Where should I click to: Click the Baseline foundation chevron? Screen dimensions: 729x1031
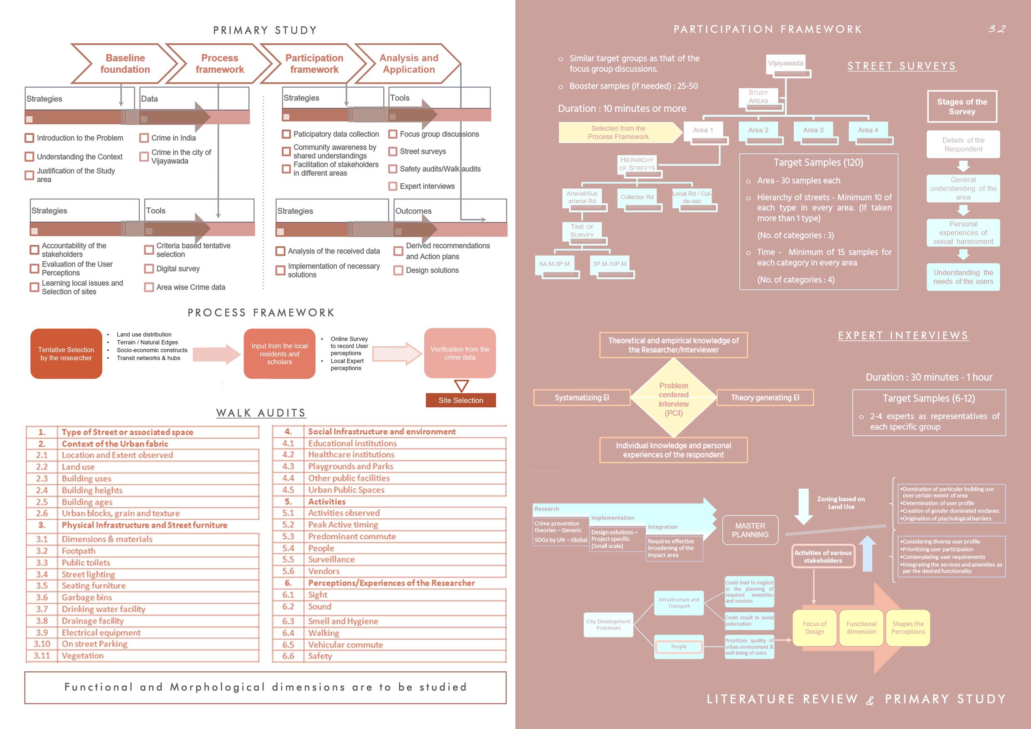(124, 64)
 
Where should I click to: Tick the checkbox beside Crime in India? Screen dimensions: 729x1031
(144, 138)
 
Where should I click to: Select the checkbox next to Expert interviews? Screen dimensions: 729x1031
(393, 186)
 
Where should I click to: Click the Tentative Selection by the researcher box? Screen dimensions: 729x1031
(66, 354)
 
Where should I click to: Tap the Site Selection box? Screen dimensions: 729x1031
(460, 400)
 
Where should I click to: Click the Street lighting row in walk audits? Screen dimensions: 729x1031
(89, 574)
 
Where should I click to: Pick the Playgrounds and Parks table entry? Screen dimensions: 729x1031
(350, 466)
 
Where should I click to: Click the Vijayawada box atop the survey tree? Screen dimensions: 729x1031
(785, 63)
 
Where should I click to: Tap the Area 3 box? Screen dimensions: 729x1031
(813, 130)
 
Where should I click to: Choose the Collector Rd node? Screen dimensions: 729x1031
(637, 197)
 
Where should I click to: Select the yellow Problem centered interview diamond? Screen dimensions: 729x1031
(673, 399)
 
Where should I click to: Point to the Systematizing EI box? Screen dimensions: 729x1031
(581, 397)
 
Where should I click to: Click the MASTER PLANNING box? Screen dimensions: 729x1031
(750, 530)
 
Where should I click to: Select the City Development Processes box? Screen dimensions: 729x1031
(608, 624)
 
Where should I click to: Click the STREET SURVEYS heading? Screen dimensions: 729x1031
(901, 66)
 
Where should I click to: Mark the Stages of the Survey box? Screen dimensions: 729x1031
(962, 106)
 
